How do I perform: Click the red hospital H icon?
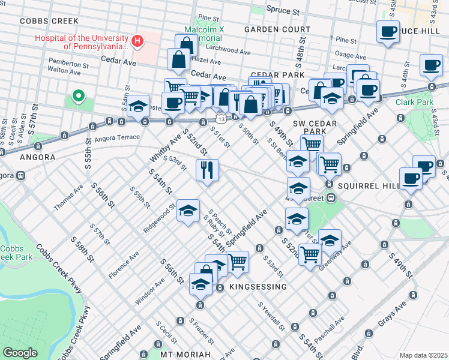(139, 41)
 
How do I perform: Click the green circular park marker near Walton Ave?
(77, 96)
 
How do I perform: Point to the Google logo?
(20, 352)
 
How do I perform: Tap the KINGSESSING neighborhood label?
(258, 287)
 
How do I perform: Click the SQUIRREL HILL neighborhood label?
(368, 186)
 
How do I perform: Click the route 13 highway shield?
(221, 118)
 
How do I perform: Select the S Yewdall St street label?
(271, 316)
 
